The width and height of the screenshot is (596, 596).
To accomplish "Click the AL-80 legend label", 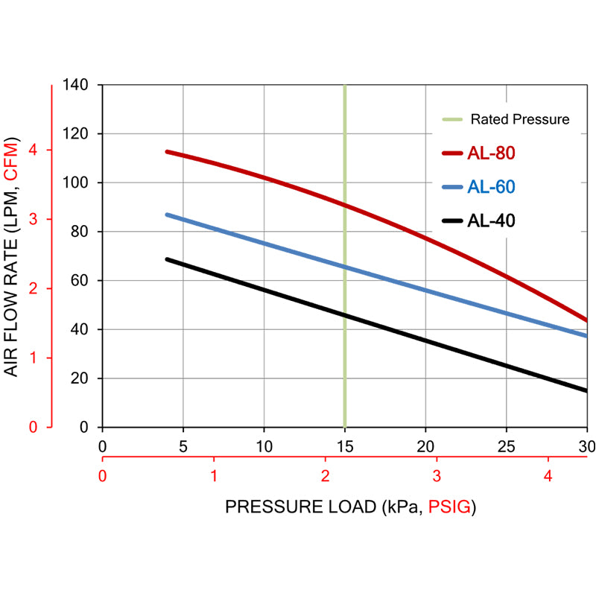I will click(x=492, y=153).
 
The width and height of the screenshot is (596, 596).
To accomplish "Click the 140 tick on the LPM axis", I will click(x=77, y=85).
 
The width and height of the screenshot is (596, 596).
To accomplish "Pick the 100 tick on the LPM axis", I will click(x=77, y=183).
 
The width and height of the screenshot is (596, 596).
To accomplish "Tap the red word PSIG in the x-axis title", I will click(x=450, y=507).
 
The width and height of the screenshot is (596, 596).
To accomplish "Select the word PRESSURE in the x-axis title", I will click(x=265, y=507).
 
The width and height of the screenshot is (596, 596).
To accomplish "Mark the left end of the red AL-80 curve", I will click(x=167, y=152).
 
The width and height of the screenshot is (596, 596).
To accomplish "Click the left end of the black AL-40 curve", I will click(x=167, y=259).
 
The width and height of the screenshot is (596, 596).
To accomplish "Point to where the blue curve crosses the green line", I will click(x=344, y=266).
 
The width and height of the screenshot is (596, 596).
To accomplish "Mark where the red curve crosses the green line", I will click(x=344, y=204).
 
